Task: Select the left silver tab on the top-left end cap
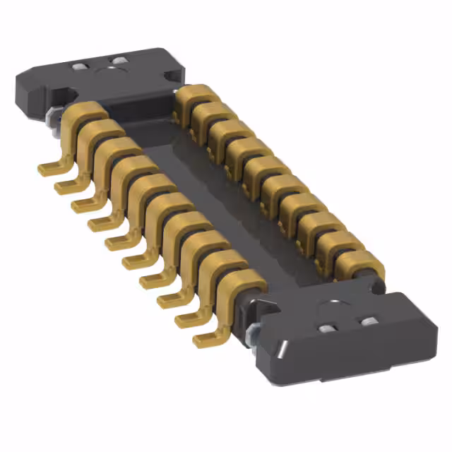coord(78,66)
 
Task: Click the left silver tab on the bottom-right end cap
coord(327,330)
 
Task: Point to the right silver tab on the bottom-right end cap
coord(367,322)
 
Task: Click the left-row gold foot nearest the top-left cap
coord(49,167)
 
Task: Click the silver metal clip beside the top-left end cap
coord(52,117)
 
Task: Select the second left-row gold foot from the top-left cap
coord(65,186)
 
